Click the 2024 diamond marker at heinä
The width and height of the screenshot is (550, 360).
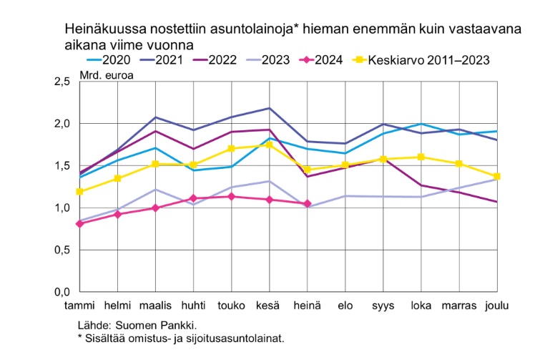click(x=307, y=204)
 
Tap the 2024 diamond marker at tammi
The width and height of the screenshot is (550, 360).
click(x=79, y=223)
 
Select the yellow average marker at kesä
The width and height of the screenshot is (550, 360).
click(x=269, y=145)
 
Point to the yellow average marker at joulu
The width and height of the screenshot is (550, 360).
click(x=496, y=176)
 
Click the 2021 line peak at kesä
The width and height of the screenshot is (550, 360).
click(x=269, y=108)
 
